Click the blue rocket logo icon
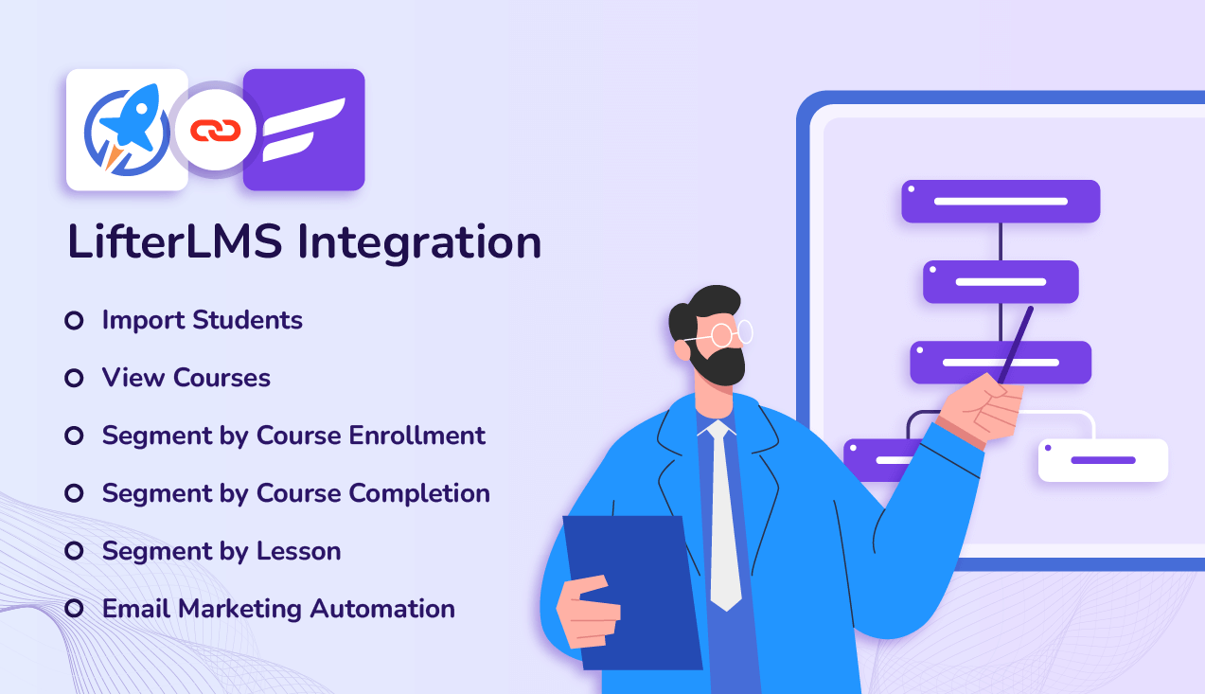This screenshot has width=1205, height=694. (x=127, y=131)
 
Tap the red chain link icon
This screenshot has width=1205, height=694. (x=216, y=130)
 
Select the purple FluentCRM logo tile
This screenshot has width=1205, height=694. (x=304, y=130)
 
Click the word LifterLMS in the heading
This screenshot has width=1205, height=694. (x=174, y=242)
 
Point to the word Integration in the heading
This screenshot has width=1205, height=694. (x=419, y=242)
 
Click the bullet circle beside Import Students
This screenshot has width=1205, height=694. (x=74, y=321)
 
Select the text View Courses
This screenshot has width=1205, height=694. (x=186, y=378)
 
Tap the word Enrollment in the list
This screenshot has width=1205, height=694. (x=416, y=436)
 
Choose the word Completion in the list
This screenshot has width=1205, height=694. (x=418, y=493)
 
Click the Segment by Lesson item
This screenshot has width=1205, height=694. (x=221, y=551)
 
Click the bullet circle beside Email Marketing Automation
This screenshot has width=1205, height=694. (x=74, y=609)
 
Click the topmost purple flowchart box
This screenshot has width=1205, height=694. (x=1000, y=201)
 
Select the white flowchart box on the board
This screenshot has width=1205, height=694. (x=1103, y=460)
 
